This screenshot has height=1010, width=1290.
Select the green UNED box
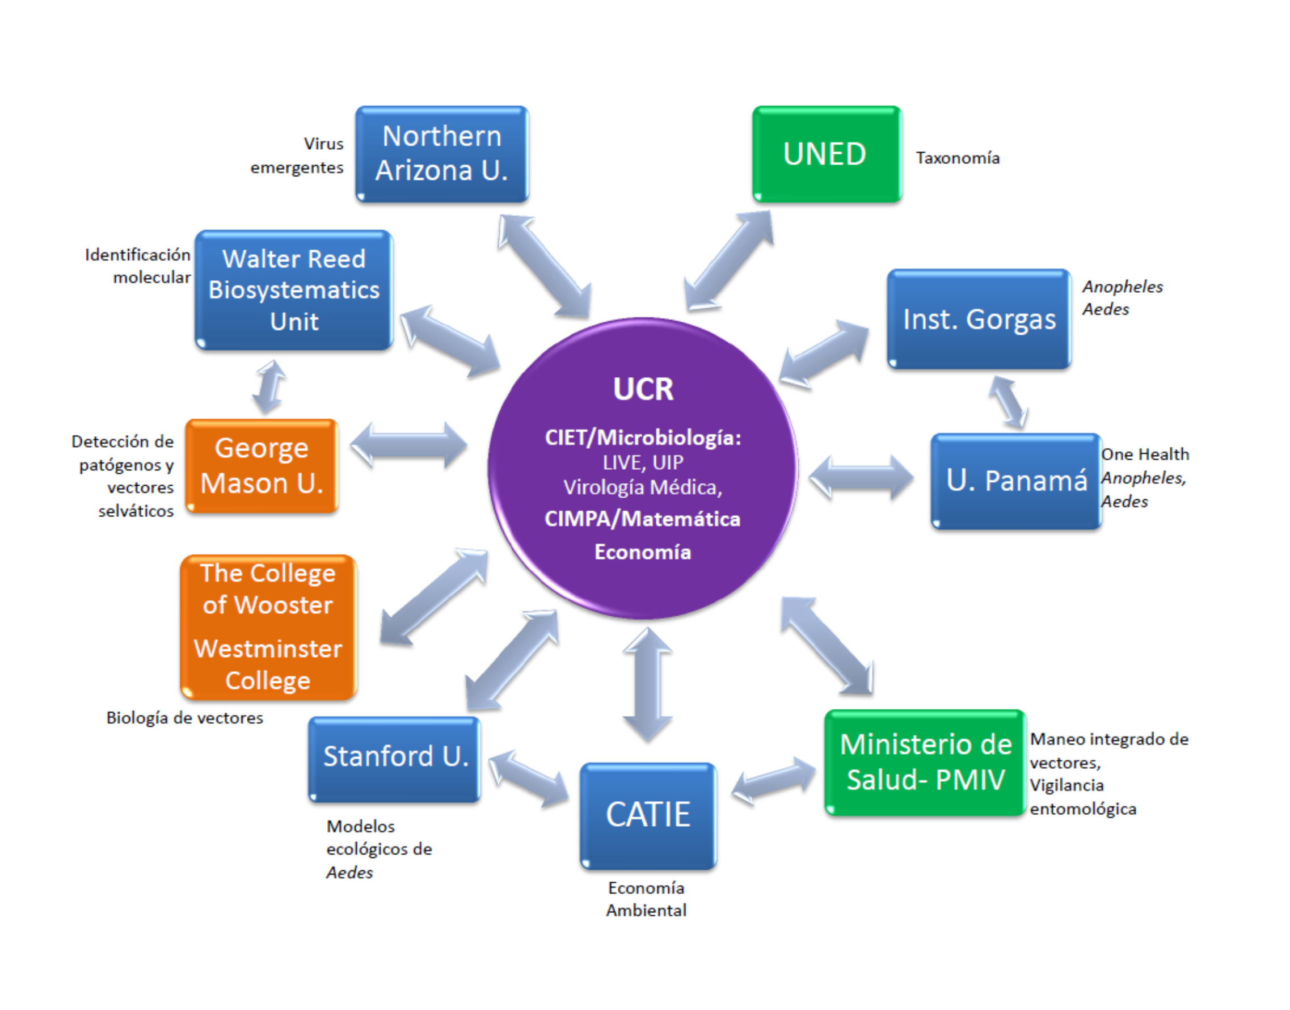point(826,154)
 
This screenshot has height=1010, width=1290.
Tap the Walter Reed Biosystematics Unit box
point(294,290)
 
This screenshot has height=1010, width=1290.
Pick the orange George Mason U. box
point(262,466)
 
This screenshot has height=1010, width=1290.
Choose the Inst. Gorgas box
point(979,319)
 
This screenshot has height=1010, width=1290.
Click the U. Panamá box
point(1015,480)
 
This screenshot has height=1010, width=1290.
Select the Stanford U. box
point(394,758)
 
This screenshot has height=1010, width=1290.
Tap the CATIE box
point(648,815)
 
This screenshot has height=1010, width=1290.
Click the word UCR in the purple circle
point(643,389)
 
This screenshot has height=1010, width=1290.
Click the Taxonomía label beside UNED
point(958,158)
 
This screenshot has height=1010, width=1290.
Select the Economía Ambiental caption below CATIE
point(646,899)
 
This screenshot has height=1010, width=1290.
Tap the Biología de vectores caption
point(184,717)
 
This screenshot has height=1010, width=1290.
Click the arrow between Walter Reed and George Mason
point(269,387)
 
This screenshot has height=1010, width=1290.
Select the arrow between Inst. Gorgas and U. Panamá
point(1009,402)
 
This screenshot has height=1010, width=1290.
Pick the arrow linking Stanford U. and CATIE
point(528,777)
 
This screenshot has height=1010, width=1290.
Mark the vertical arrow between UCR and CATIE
point(647,685)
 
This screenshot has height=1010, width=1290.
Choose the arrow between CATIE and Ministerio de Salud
point(773,782)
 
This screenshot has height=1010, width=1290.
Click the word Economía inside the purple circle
point(643,552)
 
